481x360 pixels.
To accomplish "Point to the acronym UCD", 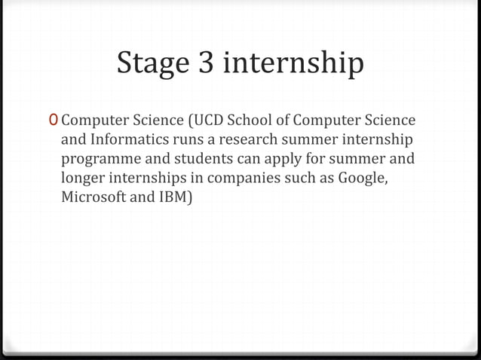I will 213,120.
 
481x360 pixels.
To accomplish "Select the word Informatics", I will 124,139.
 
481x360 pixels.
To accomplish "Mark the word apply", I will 291,160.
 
